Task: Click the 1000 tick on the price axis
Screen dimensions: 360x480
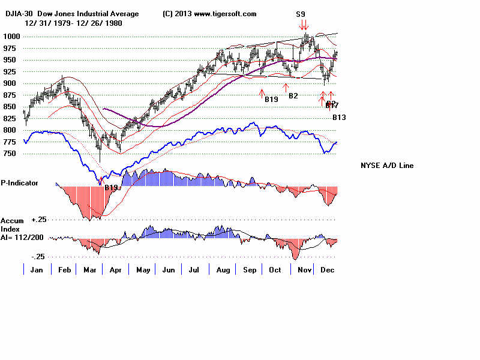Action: [10, 37]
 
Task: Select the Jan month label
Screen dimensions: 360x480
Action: [36, 270]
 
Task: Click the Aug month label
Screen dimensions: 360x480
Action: [223, 270]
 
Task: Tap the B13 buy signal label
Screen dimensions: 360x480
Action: [340, 118]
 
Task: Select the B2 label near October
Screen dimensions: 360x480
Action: [293, 95]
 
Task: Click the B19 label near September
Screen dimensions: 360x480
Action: [271, 99]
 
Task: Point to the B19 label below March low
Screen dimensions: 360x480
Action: [111, 188]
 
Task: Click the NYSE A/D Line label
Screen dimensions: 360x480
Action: [387, 166]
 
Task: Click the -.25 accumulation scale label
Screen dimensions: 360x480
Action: [38, 256]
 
